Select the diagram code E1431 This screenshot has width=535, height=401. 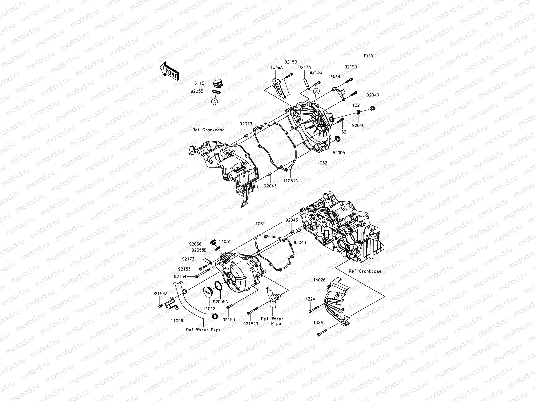point(369,56)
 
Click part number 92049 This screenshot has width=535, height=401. point(372,95)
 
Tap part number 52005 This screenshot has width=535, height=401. point(338,153)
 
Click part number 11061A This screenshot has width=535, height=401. point(290,180)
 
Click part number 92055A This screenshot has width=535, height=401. point(221,301)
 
